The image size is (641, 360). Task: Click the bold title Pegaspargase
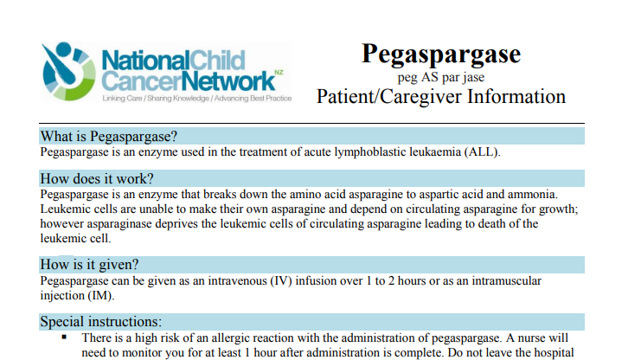click(x=441, y=54)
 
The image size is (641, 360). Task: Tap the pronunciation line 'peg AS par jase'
click(x=441, y=78)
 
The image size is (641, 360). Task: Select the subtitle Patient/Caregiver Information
click(x=441, y=96)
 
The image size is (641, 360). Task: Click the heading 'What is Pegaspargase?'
click(x=109, y=137)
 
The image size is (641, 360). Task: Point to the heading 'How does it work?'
click(x=97, y=179)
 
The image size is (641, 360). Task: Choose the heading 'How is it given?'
click(x=90, y=264)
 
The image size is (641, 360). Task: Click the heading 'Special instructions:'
click(x=100, y=321)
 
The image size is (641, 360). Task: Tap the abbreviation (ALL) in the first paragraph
click(x=482, y=152)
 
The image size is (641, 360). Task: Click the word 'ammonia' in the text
click(x=535, y=195)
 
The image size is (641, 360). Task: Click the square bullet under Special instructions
click(x=64, y=337)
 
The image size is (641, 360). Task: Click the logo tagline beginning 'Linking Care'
click(x=196, y=100)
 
